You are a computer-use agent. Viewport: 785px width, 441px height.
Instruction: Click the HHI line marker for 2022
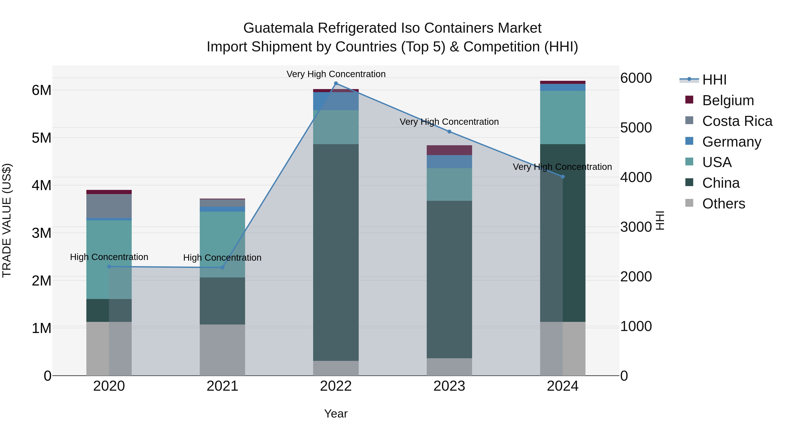336,83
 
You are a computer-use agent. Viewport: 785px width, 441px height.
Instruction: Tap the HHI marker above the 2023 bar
449,132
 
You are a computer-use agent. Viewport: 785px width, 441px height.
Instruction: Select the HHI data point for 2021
222,267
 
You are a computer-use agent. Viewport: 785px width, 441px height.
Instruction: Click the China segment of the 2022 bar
336,253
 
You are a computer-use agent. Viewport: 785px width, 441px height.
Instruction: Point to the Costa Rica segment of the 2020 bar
109,206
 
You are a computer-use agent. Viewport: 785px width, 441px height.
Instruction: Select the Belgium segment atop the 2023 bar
449,150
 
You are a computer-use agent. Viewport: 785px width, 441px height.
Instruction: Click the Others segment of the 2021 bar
222,350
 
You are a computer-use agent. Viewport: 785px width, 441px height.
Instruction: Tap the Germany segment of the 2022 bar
336,101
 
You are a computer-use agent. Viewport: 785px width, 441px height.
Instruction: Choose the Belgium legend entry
728,100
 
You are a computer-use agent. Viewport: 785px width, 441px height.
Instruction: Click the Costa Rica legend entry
737,121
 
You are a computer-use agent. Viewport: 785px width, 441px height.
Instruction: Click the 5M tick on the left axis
42,138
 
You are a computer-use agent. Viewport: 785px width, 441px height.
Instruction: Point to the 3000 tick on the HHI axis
636,227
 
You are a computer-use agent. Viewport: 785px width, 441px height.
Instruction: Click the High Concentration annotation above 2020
109,257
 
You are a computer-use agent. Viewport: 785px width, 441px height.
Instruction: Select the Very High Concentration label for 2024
562,167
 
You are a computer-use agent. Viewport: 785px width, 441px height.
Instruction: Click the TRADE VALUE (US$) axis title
7,220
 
